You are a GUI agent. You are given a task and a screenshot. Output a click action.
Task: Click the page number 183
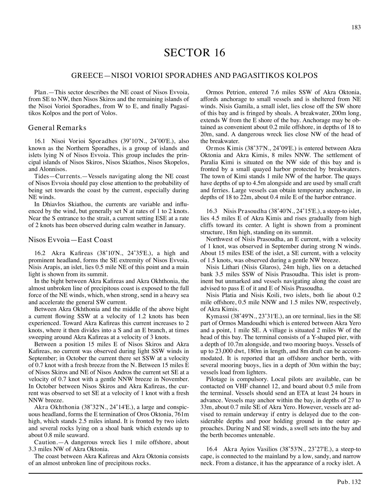356,27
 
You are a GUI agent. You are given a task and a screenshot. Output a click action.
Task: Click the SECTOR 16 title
194,53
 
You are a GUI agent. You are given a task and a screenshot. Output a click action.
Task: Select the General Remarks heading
57,128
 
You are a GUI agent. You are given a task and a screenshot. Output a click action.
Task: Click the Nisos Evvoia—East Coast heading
70,240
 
